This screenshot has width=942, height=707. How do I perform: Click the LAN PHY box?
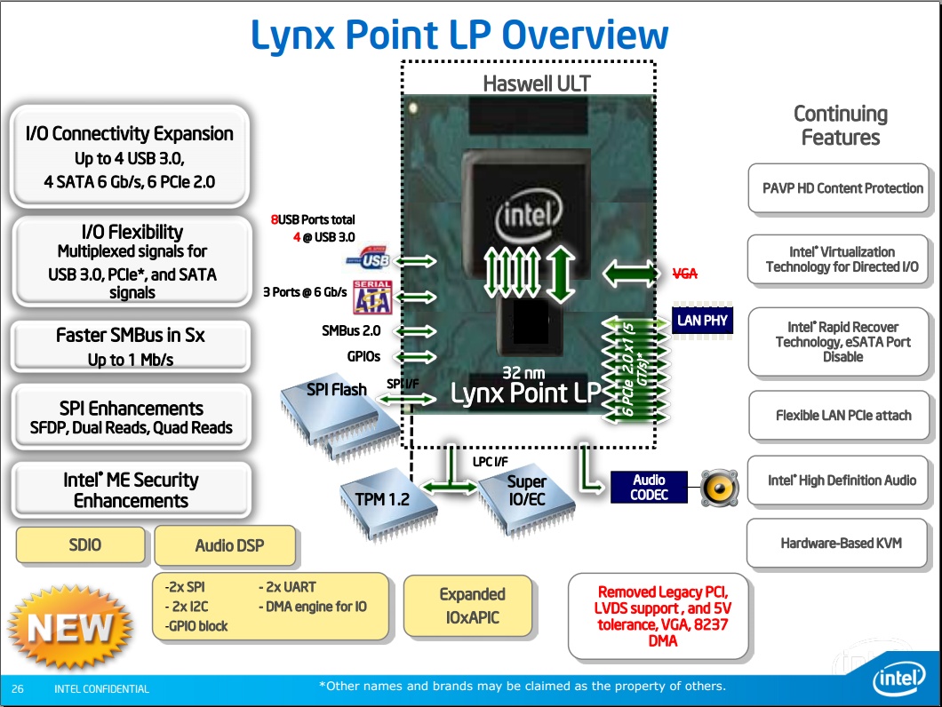702,321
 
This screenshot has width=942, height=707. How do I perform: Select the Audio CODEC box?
649,487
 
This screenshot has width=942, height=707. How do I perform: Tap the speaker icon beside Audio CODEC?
719,487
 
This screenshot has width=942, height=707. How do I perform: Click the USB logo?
369,260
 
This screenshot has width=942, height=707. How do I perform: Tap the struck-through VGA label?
684,274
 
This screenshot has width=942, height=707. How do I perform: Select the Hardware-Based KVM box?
841,543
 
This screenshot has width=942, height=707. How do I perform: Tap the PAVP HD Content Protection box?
842,188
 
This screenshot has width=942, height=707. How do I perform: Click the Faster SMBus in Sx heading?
130,336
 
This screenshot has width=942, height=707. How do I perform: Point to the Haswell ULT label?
536,83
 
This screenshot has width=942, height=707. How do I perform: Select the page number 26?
18,688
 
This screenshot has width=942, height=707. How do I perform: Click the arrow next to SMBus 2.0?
415,331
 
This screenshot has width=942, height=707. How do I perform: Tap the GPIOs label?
363,356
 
